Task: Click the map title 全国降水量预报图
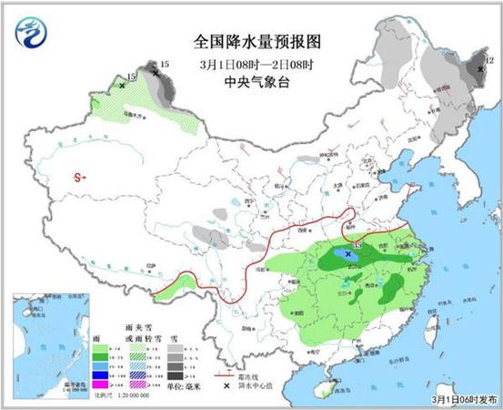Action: coord(257,42)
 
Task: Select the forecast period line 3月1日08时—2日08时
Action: coord(257,63)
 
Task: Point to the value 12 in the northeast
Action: coord(488,60)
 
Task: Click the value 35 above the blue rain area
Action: coord(357,246)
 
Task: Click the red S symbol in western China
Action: coord(78,176)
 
